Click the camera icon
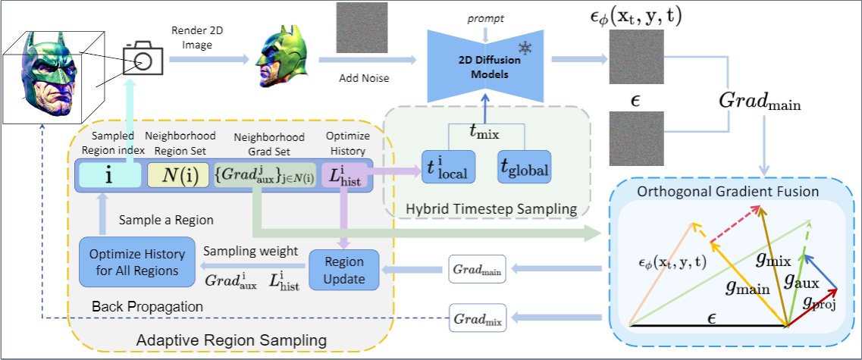point(142,58)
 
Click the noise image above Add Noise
point(361,27)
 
